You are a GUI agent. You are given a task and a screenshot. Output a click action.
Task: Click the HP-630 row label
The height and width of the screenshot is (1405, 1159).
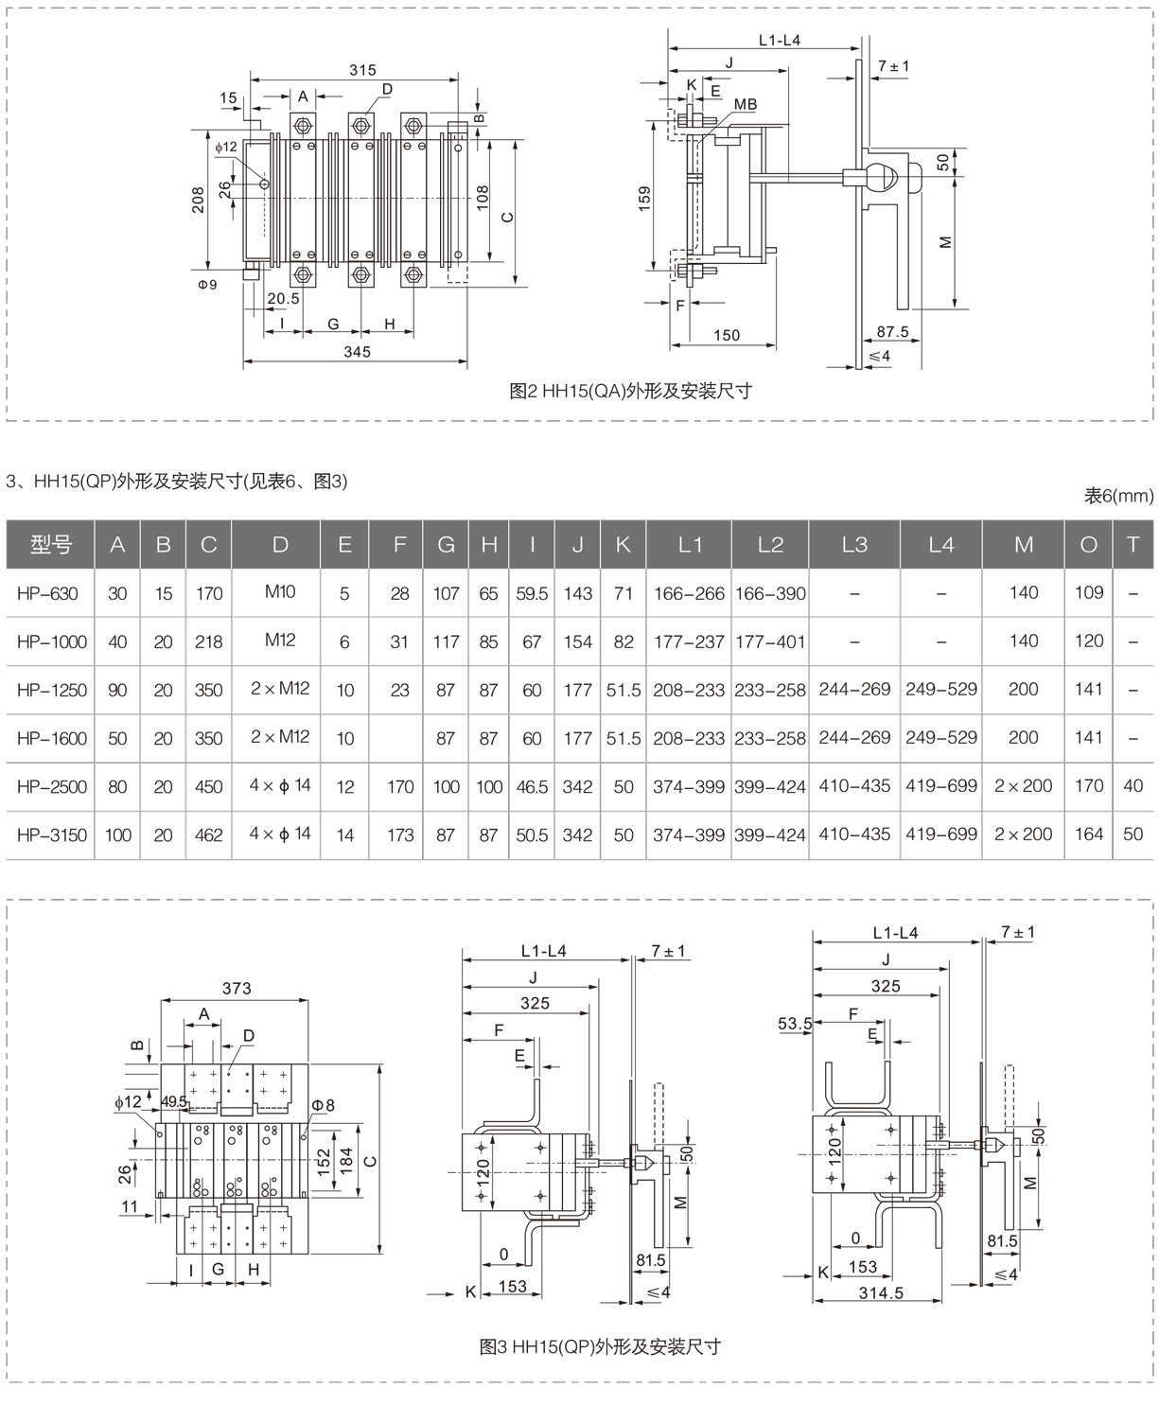[47, 593]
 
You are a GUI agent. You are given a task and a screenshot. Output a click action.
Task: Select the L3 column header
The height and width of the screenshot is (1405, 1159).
[853, 544]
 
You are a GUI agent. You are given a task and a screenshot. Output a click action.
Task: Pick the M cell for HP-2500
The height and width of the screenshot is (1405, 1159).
[1023, 785]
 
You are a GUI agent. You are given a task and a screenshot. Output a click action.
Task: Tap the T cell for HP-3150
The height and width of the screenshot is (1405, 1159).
[1133, 834]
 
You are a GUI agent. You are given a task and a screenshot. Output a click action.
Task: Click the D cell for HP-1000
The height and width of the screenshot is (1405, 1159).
[280, 641]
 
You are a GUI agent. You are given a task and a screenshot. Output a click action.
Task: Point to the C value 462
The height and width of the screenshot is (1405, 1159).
[208, 834]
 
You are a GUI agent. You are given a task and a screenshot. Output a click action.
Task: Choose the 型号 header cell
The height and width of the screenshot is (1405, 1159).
[51, 544]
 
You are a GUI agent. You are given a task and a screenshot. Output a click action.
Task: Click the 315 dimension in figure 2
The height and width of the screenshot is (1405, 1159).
[362, 70]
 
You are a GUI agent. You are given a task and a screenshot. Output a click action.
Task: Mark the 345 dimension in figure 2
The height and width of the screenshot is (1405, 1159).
[357, 352]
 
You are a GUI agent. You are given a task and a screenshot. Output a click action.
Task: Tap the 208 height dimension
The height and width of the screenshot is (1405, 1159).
[199, 200]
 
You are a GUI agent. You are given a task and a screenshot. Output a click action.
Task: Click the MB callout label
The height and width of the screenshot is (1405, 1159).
[746, 104]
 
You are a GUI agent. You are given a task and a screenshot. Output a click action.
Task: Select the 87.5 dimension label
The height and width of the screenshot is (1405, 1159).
[892, 332]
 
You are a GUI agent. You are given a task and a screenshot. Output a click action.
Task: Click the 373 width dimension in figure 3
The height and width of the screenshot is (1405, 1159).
[237, 988]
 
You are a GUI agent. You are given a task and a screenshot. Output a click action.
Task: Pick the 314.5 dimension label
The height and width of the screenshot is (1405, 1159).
[881, 1292]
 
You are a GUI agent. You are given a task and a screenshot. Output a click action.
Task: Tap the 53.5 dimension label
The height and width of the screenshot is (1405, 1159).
[795, 1023]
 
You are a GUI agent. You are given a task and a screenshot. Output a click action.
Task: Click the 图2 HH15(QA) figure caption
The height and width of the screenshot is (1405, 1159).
[630, 391]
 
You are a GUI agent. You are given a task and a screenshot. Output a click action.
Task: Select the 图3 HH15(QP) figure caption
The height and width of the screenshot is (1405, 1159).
[600, 1346]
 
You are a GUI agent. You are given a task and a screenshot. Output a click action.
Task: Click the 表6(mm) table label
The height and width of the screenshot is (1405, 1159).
[1119, 496]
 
